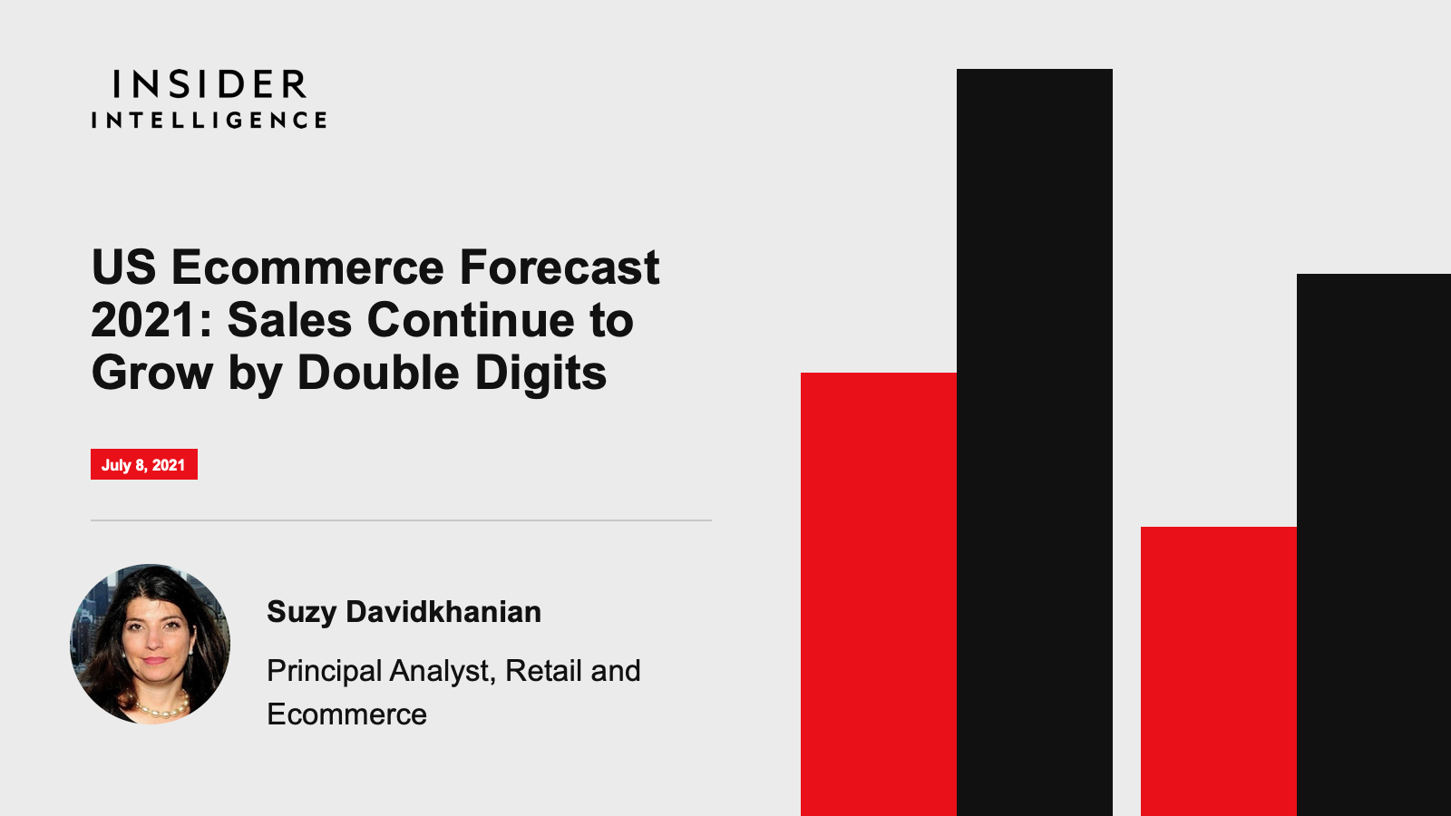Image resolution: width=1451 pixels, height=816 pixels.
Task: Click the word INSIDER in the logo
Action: point(209,84)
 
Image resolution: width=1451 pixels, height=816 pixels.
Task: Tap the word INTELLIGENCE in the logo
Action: point(209,120)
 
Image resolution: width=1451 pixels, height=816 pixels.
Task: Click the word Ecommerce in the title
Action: point(307,267)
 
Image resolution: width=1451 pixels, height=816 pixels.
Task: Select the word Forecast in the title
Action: point(560,267)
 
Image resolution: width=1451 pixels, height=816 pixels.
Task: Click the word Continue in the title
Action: point(471,320)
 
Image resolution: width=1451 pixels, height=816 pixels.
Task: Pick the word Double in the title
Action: point(378,373)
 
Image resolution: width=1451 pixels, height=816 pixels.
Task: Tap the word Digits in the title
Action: point(540,374)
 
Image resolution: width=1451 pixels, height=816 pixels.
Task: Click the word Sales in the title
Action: point(289,320)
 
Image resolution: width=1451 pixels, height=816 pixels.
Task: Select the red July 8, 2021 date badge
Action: point(144,464)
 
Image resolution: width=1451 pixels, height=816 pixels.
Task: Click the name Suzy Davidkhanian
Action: point(404,612)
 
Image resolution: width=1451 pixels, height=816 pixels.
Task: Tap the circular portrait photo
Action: point(151,644)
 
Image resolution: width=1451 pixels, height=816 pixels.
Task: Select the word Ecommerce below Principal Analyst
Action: point(346,714)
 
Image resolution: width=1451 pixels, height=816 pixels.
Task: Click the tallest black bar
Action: point(1035,442)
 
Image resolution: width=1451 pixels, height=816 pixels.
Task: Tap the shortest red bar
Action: point(1219,672)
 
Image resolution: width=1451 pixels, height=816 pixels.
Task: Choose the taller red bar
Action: point(879,595)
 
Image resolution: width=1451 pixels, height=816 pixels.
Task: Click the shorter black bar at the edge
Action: point(1374,545)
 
